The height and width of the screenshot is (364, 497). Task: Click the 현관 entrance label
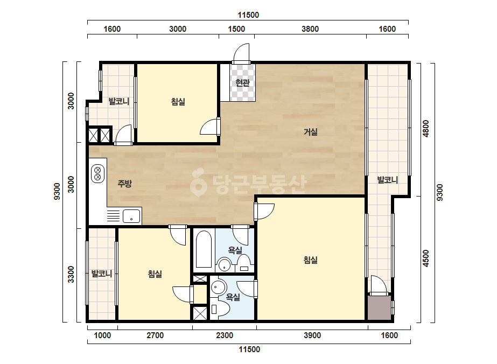[x=242, y=83]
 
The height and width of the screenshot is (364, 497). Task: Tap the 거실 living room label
[x=311, y=131]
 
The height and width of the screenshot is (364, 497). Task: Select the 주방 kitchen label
[x=124, y=184]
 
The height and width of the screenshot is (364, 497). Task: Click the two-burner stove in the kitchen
[x=97, y=173]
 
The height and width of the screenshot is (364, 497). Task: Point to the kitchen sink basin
[x=131, y=216]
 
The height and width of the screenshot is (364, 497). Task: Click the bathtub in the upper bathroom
[x=204, y=249]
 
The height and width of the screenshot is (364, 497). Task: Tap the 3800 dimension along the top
[x=310, y=29]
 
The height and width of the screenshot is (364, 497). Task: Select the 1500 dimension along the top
[x=236, y=29]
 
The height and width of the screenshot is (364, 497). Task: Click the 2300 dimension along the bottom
[x=225, y=335]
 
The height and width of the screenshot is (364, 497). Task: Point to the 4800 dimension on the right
[x=426, y=128]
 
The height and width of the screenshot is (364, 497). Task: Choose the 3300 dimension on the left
[x=71, y=274]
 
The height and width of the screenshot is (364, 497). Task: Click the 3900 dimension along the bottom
[x=312, y=335]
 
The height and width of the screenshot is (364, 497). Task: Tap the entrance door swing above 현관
[x=242, y=53]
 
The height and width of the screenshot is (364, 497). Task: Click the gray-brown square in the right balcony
[x=379, y=308]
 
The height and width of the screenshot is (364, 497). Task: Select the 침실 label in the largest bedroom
[x=311, y=260]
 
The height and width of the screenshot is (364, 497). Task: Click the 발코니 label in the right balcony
[x=387, y=180]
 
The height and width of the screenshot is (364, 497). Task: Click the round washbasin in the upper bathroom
[x=225, y=265]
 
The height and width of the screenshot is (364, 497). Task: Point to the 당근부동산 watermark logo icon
[x=198, y=182]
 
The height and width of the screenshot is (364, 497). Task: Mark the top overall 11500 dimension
[x=248, y=15]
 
